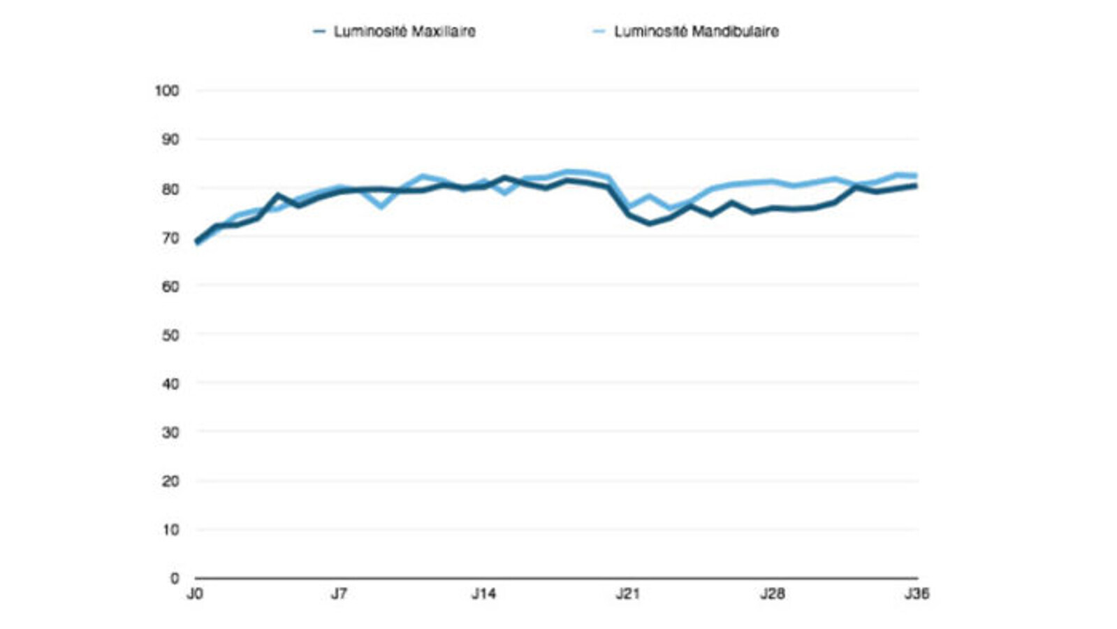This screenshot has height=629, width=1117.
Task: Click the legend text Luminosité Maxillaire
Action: [x=404, y=31]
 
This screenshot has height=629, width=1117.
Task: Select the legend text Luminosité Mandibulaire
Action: [x=696, y=31]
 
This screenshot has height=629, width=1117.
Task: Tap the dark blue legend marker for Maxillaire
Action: [x=319, y=31]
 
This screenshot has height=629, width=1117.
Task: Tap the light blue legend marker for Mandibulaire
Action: [x=599, y=31]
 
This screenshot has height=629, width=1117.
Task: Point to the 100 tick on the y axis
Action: [x=167, y=91]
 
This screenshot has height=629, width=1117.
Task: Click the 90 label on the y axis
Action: [x=170, y=140]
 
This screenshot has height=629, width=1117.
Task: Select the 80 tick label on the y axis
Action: [x=170, y=189]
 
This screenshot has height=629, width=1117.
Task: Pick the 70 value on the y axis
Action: [x=170, y=238]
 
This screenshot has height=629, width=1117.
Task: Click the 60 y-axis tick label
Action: [x=170, y=287]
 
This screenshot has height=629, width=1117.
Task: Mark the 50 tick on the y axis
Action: [x=170, y=335]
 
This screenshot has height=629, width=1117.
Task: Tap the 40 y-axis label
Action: [x=170, y=384]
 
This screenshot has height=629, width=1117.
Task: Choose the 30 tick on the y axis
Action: [x=170, y=433]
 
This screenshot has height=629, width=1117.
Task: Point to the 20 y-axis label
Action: [x=170, y=482]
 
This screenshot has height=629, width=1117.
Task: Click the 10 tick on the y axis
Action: [x=170, y=530]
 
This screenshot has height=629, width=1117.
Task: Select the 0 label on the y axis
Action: [x=175, y=579]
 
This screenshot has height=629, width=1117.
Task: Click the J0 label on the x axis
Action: [x=194, y=594]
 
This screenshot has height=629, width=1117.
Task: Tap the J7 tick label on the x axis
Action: [x=339, y=594]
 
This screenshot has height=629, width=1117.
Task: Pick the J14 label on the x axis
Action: [x=483, y=594]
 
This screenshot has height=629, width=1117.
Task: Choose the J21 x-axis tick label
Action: [x=627, y=594]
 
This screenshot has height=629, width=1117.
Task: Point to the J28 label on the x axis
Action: [x=772, y=594]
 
